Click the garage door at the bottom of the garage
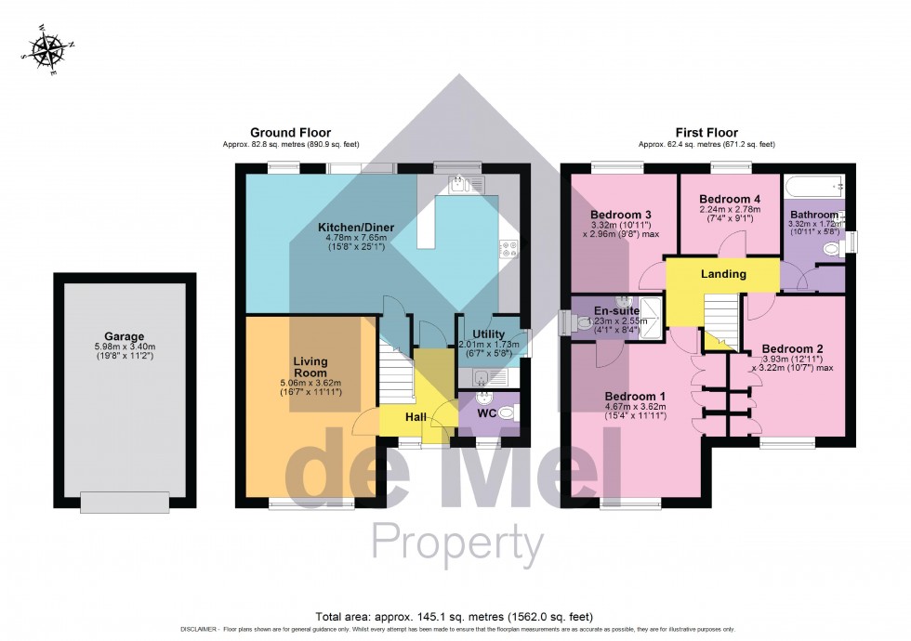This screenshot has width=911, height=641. click(125, 502)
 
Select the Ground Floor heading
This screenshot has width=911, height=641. click(290, 133)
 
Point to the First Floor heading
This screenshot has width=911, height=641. click(706, 133)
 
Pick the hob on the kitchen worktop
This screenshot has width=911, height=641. click(508, 248)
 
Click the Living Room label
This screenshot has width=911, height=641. click(311, 366)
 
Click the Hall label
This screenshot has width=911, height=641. click(416, 417)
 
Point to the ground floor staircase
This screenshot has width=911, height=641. click(396, 369)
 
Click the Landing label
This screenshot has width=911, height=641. click(722, 274)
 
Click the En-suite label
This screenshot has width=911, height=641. click(617, 310)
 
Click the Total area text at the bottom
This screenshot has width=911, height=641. click(455, 616)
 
